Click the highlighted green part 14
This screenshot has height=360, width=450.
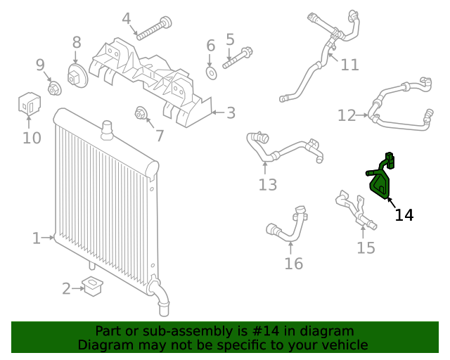coord(380,181)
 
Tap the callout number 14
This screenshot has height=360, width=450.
coord(404,215)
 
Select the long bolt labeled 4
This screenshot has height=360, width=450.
coord(155,29)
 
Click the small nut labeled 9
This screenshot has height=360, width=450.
coord(53,89)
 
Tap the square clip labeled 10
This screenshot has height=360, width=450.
coord(28,104)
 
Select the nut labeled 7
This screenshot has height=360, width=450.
coord(140,112)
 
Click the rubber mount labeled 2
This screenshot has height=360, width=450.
coord(93,287)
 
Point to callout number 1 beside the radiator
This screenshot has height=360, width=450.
coord(36,238)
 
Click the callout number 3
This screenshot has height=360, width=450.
coord(231,112)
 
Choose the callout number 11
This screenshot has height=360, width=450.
coord(349,65)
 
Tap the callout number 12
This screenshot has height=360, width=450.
coord(347,115)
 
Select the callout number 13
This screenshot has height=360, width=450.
coord(267,185)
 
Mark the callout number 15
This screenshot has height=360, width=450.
coord(366,247)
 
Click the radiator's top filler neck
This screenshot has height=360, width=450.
coord(108,128)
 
